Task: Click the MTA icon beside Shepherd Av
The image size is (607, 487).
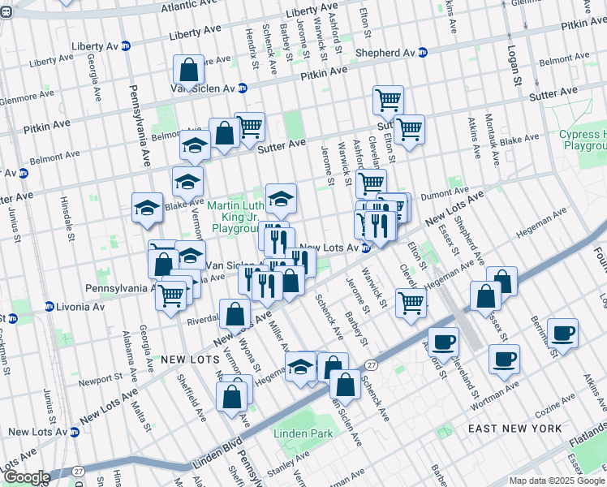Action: [422, 53]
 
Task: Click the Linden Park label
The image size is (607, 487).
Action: [303, 434]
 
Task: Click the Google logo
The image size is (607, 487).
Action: [27, 476]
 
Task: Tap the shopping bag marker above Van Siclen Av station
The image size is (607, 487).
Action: [188, 71]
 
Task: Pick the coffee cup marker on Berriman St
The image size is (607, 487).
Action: [562, 333]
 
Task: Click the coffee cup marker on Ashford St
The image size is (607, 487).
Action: [443, 343]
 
